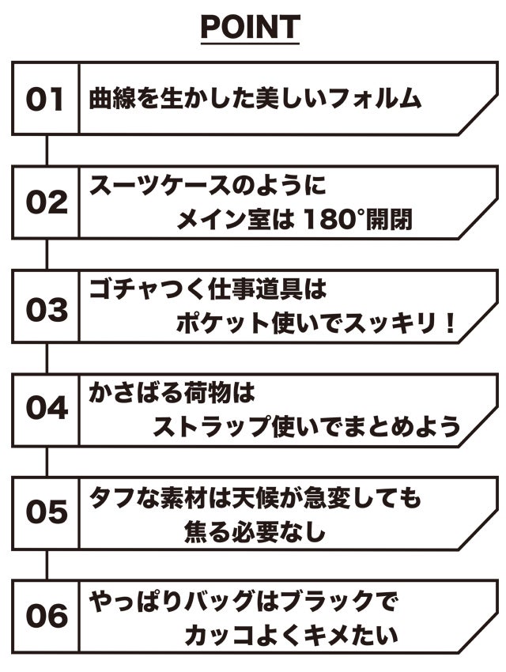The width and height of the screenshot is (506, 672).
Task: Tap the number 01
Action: coord(45,100)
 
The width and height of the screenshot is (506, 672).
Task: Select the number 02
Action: coord(45,203)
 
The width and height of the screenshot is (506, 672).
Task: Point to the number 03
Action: coord(45,309)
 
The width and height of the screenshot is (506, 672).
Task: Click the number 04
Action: coord(45,409)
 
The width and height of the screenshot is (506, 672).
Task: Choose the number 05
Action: coord(45,512)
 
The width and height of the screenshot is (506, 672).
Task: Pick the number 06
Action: coord(45,616)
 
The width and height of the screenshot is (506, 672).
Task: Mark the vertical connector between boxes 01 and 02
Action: coord(47,149)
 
